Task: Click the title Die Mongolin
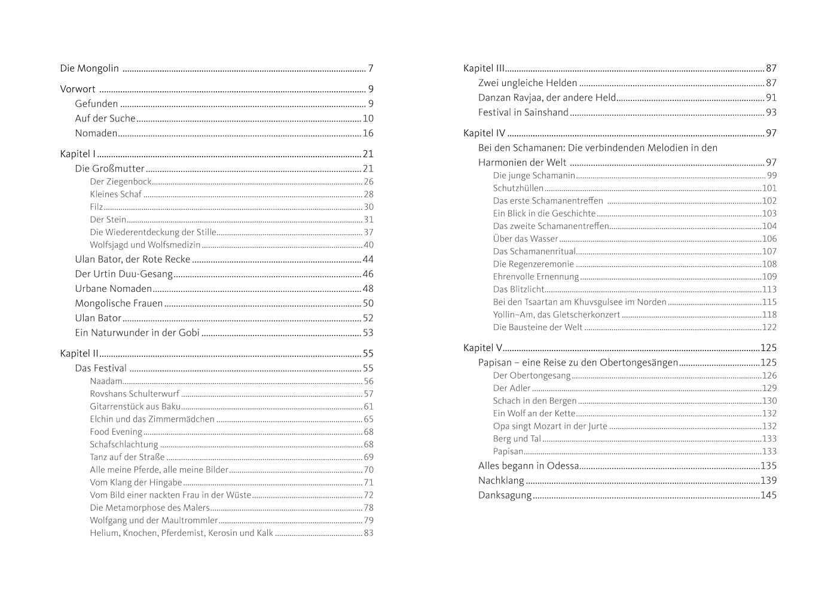(89, 68)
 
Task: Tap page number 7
(371, 68)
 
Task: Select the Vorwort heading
(78, 89)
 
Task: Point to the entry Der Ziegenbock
(121, 182)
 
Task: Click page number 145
(768, 495)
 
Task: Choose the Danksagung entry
(505, 495)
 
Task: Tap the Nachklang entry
(501, 480)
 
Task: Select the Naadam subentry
(106, 382)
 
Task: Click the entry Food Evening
(116, 432)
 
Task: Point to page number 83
(368, 533)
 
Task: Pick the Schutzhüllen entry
(518, 188)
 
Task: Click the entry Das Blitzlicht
(519, 289)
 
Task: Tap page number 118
(769, 315)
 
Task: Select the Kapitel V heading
(483, 347)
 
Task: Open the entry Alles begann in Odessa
(529, 465)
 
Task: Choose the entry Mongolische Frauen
(119, 303)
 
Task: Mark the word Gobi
(189, 332)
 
